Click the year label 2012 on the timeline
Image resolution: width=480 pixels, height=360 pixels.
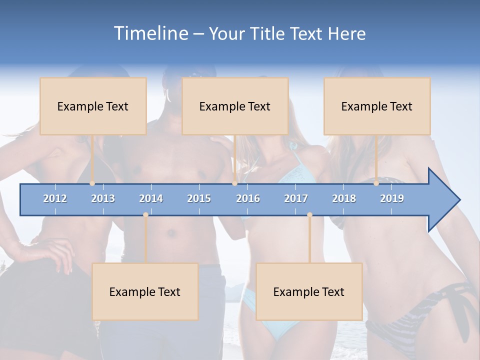(x=55, y=198)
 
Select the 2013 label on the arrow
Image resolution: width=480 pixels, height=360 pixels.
(x=103, y=198)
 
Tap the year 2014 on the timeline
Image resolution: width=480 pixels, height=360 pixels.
(x=151, y=198)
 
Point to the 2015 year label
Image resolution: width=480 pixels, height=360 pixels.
(x=199, y=198)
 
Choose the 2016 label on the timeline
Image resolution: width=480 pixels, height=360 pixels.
(x=248, y=198)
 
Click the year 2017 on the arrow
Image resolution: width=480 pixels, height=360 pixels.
(x=296, y=198)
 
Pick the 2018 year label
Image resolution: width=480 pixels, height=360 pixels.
(x=344, y=198)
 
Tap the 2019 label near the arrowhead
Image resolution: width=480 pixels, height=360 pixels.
(x=392, y=198)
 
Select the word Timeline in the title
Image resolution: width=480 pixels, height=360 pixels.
(x=150, y=33)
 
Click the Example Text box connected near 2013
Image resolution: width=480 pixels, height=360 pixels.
(x=93, y=106)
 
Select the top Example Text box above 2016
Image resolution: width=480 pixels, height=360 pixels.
(x=235, y=106)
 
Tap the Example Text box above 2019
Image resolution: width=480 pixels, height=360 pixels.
(x=377, y=106)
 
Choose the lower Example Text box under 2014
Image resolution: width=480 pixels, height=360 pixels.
(x=145, y=291)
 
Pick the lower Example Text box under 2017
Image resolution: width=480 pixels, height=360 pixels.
(x=309, y=291)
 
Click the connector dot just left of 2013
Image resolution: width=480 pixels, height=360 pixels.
(x=92, y=183)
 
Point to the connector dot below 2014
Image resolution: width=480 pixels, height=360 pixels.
(x=145, y=214)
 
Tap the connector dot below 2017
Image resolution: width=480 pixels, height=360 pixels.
(x=309, y=214)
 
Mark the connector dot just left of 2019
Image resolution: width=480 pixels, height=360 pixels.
(x=376, y=183)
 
